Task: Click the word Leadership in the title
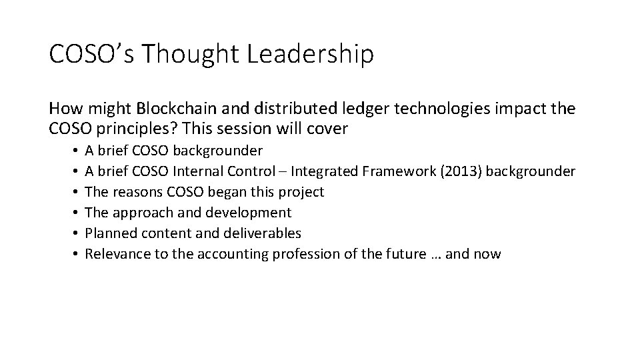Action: [310, 55]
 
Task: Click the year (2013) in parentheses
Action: [459, 171]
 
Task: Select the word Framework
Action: [398, 171]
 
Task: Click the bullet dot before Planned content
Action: [78, 233]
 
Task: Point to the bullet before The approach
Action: [78, 213]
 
